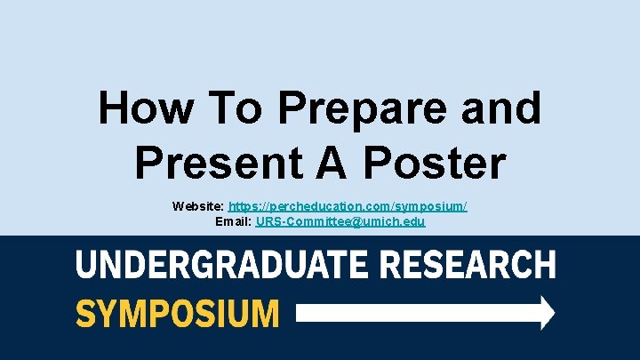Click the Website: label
pos(199,206)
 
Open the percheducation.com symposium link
pos(348,206)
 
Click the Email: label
pos(234,221)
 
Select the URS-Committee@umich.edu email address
pos(340,221)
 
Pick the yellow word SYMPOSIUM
pos(177,313)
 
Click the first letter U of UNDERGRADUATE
pos(86,265)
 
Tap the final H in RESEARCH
pos(545,265)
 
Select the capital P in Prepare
pos(295,108)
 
